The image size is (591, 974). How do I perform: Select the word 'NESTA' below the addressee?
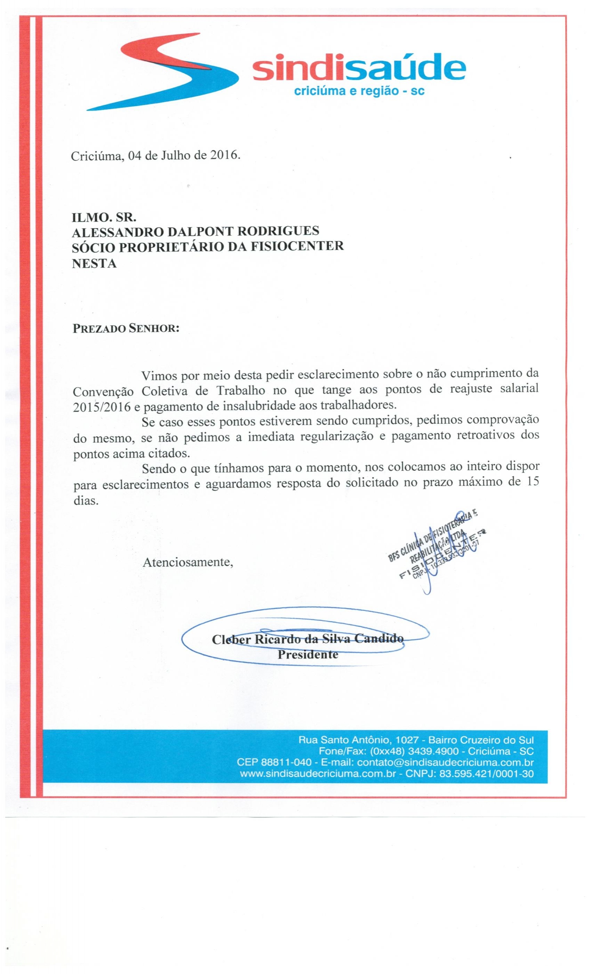tap(94, 263)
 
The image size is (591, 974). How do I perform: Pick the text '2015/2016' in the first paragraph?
tap(102, 407)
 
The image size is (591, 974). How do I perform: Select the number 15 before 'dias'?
tap(531, 483)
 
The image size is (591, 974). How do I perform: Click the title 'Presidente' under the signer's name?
tap(308, 655)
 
